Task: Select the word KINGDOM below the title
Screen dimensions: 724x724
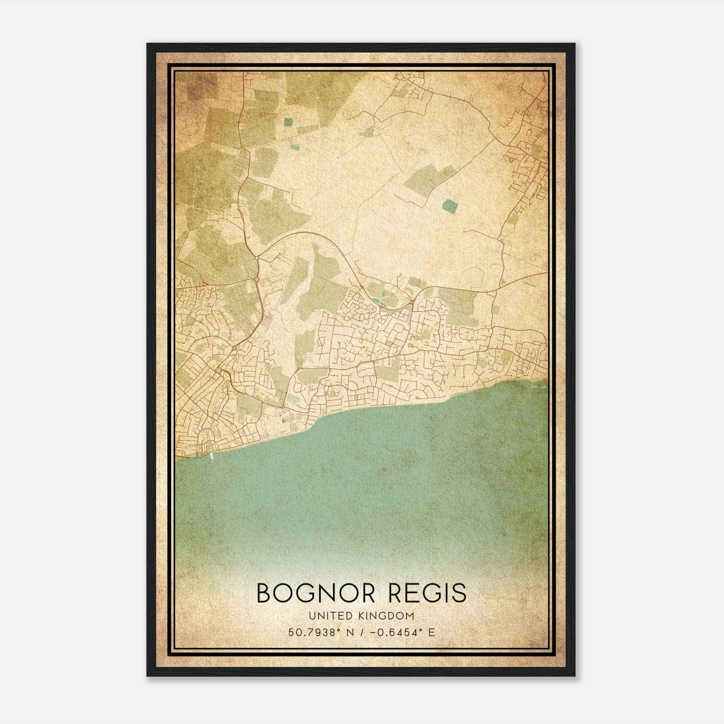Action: (387, 616)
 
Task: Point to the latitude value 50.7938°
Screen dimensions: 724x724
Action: (314, 632)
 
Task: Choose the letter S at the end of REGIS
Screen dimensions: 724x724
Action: (459, 593)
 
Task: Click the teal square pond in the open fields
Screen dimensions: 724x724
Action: (450, 206)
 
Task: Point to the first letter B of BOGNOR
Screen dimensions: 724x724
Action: (264, 593)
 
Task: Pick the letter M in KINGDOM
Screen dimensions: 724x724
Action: (410, 616)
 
